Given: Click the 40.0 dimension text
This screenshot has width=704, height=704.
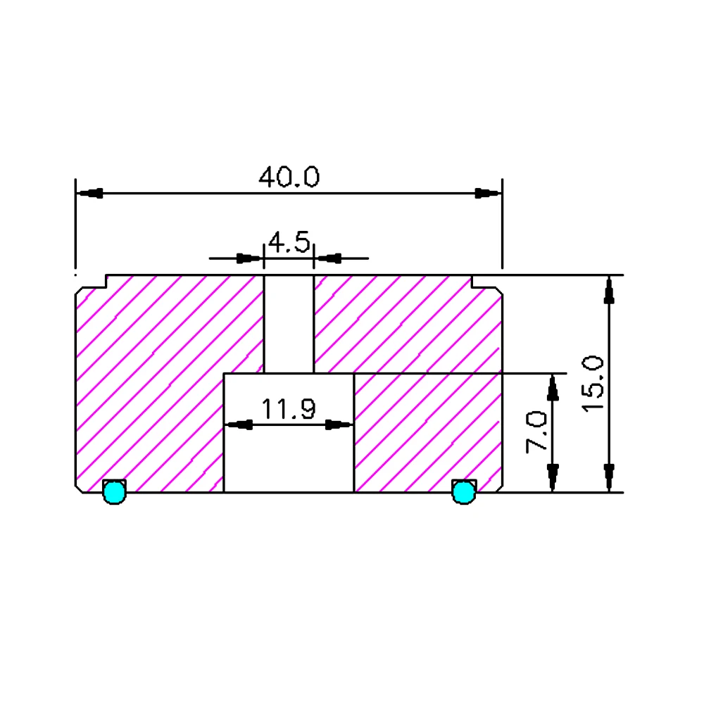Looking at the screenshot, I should (289, 177).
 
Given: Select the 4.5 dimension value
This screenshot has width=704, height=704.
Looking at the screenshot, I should (289, 244).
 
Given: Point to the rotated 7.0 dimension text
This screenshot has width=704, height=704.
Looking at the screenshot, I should (537, 432).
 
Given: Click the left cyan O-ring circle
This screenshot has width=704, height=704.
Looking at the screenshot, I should (113, 491).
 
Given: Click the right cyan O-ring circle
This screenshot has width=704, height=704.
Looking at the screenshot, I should (463, 491).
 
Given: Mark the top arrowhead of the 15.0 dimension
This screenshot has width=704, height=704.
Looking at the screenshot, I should (610, 290).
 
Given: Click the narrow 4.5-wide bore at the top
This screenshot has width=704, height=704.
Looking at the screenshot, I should (289, 324).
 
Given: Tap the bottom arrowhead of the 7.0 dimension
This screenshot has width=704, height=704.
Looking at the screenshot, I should (553, 477).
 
